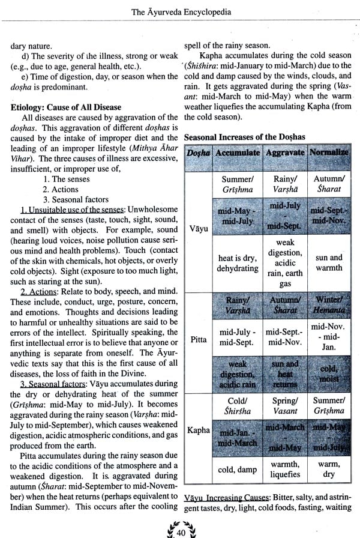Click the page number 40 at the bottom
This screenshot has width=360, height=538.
pyautogui.click(x=180, y=531)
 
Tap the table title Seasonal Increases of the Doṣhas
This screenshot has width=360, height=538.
pyautogui.click(x=245, y=137)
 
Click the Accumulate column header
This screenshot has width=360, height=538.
pyautogui.click(x=238, y=153)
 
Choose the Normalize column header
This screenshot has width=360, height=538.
pyautogui.click(x=329, y=153)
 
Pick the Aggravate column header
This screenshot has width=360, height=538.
pyautogui.click(x=285, y=153)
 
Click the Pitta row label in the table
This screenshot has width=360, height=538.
pyautogui.click(x=199, y=339)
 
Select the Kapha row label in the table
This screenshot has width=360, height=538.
pyautogui.click(x=199, y=431)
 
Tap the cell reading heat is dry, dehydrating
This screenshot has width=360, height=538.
pyautogui.click(x=238, y=264)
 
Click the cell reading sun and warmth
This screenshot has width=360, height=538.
pyautogui.click(x=329, y=263)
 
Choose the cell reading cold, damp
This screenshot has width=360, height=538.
pyautogui.click(x=238, y=469)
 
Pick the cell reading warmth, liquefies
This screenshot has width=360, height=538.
pyautogui.click(x=285, y=469)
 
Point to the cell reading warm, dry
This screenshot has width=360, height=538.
pyautogui.click(x=329, y=469)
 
